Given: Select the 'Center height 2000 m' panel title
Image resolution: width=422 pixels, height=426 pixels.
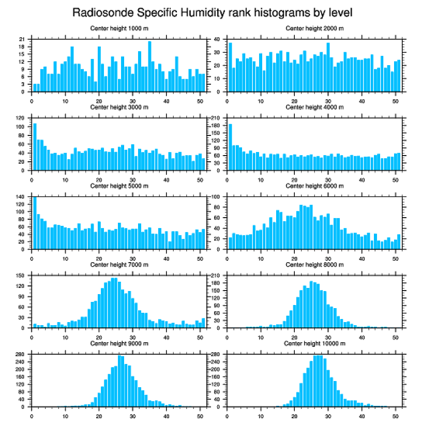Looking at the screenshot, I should [x=314, y=28].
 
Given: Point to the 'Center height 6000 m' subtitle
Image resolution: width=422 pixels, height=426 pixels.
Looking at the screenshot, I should [x=314, y=186].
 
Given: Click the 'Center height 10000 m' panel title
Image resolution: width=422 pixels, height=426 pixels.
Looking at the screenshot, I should [x=314, y=343].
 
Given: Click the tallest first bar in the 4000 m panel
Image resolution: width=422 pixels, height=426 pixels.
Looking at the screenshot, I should [x=230, y=147].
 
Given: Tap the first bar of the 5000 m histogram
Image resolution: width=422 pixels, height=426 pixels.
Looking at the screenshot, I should [x=35, y=223].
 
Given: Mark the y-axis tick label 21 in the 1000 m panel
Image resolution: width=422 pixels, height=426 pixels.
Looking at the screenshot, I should [x=22, y=39].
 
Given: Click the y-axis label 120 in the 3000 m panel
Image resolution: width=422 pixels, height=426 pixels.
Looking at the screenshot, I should [x=20, y=118].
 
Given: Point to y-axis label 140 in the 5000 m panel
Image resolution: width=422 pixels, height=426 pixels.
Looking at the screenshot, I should [x=20, y=197].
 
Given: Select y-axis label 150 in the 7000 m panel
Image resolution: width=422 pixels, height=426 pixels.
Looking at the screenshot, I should [x=20, y=276].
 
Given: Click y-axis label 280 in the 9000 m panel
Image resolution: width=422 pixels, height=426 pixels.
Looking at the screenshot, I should [x=20, y=355].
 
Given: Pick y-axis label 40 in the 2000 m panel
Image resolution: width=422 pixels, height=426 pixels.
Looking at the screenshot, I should [x=217, y=39].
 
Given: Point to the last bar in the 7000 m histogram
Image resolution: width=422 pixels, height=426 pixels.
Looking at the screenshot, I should [x=203, y=323].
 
